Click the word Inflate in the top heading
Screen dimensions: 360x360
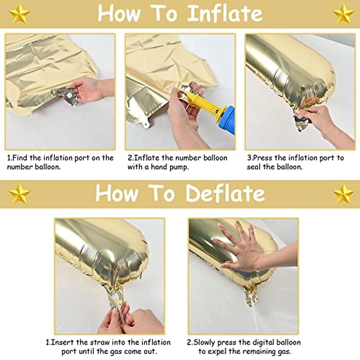pyautogui.click(x=225, y=13)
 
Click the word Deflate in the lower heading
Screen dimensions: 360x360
pyautogui.click(x=225, y=193)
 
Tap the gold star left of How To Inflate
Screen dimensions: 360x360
pyautogui.click(x=19, y=13)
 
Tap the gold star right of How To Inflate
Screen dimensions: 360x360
pyautogui.click(x=343, y=13)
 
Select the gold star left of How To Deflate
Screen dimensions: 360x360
pyautogui.click(x=19, y=193)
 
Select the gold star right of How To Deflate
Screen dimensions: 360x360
pyautogui.click(x=343, y=193)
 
